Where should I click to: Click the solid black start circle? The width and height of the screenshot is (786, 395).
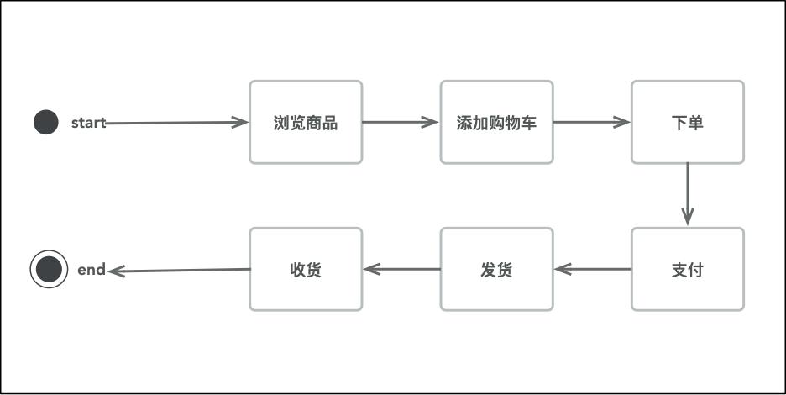pos(46,123)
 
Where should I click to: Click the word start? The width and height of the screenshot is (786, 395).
pos(88,123)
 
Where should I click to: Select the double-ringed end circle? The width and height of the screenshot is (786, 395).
pos(49,270)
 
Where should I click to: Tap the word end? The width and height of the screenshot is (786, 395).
pos(92,270)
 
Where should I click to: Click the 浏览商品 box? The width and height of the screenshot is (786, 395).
pos(306,123)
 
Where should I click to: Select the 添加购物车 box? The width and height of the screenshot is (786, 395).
pos(496,123)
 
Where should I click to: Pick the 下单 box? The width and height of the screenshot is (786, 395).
pos(688,123)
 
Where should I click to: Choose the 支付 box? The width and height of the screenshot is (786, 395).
pos(688,270)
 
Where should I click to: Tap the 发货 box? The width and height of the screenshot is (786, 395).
pos(496,270)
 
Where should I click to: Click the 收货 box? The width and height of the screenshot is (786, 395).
pos(306,270)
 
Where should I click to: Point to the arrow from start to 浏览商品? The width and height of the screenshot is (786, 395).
pos(176,123)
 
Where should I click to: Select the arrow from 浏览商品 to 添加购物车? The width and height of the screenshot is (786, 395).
pos(401,122)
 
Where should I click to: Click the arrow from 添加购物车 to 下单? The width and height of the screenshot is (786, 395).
pos(591,122)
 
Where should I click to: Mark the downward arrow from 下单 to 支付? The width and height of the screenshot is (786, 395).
pos(688,193)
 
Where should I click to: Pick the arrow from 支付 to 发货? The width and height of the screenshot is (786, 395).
pos(593,270)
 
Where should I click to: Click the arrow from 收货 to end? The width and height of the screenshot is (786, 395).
pos(181,271)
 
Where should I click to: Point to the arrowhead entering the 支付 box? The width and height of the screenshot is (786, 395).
pos(688,218)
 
